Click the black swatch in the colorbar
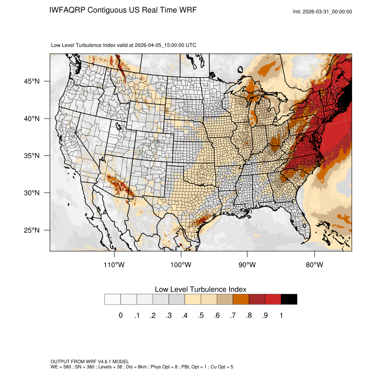point(289,299)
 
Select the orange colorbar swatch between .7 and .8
point(241,299)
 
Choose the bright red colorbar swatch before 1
point(273,299)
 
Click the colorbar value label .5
point(200,315)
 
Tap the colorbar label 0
point(121,315)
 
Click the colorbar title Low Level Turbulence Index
point(200,289)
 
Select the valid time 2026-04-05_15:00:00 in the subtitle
point(165,45)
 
